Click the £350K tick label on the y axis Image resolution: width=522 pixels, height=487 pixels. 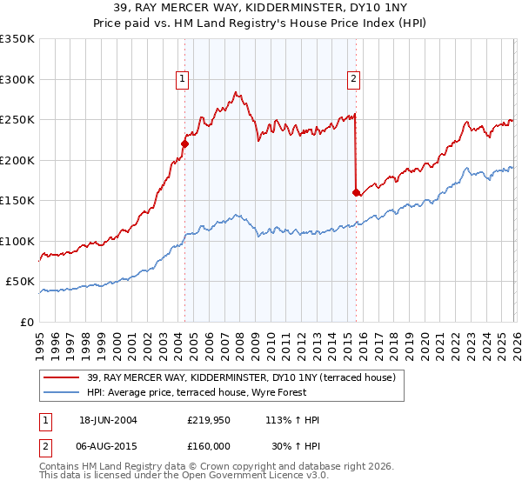(17, 39)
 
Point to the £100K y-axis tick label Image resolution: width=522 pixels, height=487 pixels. (17, 241)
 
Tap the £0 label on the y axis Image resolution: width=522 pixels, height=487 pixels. (26, 322)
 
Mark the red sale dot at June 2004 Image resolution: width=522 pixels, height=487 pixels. (184, 144)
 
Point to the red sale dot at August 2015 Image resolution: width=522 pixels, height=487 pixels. (356, 192)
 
